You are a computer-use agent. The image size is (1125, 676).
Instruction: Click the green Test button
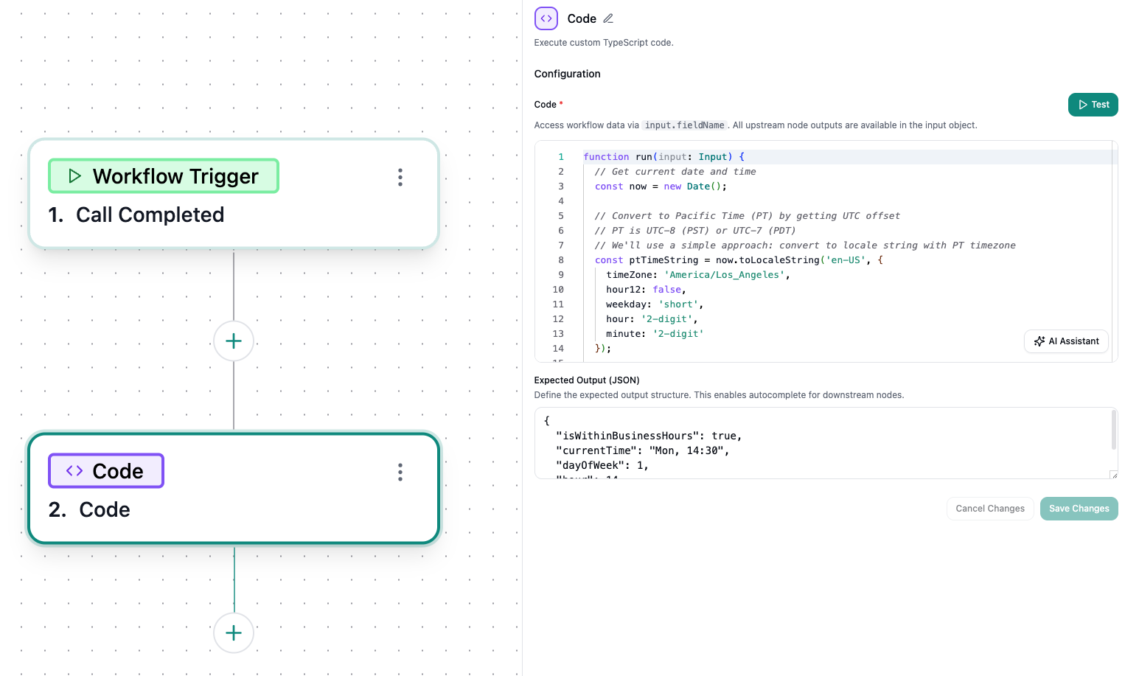[x=1093, y=105]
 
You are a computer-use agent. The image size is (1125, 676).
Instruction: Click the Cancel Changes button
[x=989, y=509]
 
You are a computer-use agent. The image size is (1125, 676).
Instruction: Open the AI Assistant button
[x=1066, y=341]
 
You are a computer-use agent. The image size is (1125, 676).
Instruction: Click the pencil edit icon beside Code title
[x=608, y=18]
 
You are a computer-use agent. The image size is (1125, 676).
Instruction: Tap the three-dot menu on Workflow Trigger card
[x=400, y=177]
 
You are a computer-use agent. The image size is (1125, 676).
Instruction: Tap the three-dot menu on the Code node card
[x=400, y=472]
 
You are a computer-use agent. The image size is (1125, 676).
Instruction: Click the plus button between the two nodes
[x=234, y=341]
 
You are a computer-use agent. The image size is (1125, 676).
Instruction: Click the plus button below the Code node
[x=234, y=633]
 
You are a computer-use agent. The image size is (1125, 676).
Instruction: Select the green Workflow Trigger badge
[x=164, y=176]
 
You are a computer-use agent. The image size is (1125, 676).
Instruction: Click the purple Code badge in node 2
[x=106, y=471]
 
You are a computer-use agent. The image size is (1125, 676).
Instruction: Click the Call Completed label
[x=150, y=215]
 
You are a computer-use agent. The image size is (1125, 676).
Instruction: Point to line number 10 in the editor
[x=558, y=290]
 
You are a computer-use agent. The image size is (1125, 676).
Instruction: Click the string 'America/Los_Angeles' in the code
[x=725, y=275]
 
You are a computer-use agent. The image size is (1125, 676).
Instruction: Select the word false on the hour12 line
[x=666, y=290]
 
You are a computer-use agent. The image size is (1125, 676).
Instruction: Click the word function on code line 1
[x=606, y=157]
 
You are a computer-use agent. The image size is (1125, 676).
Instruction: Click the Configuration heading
[x=567, y=74]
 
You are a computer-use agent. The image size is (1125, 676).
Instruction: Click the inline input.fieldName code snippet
[x=684, y=125]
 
